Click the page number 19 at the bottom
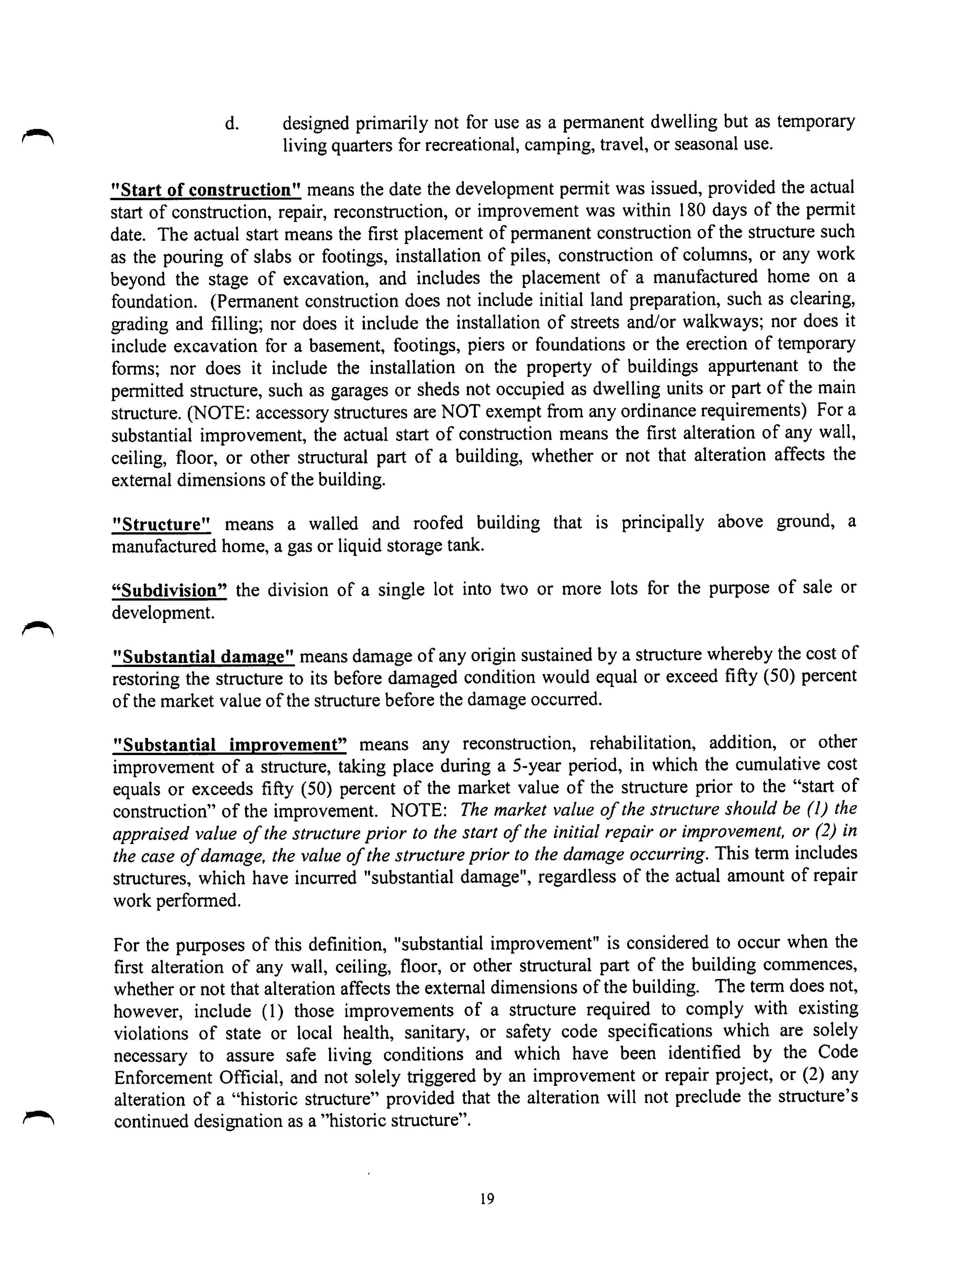click(x=487, y=1199)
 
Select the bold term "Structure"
click(x=162, y=524)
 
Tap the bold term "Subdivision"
click(x=169, y=590)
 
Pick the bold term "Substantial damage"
click(x=203, y=657)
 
